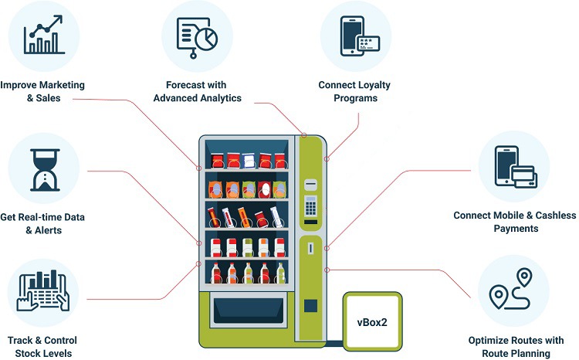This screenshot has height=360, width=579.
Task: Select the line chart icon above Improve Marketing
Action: [43, 35]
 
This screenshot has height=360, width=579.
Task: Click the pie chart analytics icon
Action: [197, 35]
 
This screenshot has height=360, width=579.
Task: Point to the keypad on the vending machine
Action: [310, 205]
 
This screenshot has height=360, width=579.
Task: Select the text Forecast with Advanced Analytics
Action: [197, 91]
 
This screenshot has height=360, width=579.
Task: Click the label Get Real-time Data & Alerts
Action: [43, 223]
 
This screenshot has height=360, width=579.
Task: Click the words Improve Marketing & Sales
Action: [42, 91]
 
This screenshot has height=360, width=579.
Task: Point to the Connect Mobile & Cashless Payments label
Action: [506, 222]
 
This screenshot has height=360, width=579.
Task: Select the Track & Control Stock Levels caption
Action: [42, 347]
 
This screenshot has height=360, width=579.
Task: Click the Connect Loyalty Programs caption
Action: [349, 91]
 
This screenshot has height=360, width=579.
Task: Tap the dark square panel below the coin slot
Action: [310, 304]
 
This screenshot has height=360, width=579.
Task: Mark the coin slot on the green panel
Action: [310, 250]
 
